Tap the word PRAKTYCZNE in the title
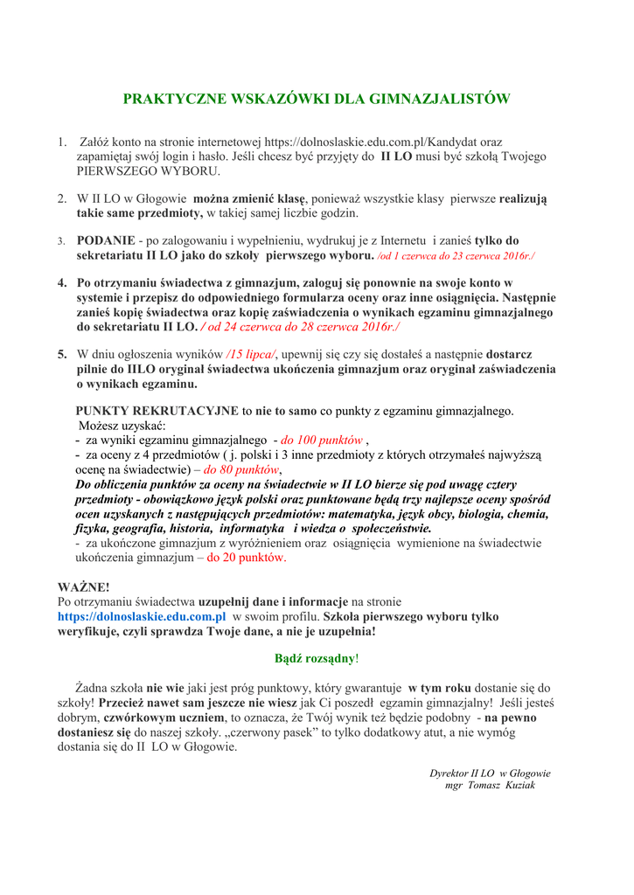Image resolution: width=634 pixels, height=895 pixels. pos(173,99)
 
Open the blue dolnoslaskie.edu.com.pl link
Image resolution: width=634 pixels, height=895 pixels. pos(142,616)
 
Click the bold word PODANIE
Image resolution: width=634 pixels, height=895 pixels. pos(106,240)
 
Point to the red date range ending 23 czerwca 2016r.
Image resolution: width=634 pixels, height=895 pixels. pos(456,255)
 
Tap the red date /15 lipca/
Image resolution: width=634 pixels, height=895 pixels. pos(251,355)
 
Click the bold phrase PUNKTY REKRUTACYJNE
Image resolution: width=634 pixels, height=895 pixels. pos(157,410)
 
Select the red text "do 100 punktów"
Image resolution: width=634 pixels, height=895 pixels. pos(322,440)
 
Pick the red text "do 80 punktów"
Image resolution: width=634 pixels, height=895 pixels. pos(241,469)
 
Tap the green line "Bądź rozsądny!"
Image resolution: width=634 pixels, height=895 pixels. pos(316,657)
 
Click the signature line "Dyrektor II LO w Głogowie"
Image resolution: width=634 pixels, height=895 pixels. pos(490,773)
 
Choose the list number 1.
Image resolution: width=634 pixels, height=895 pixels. pos(62,142)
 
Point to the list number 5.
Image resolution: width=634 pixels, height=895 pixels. pos(62,355)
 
